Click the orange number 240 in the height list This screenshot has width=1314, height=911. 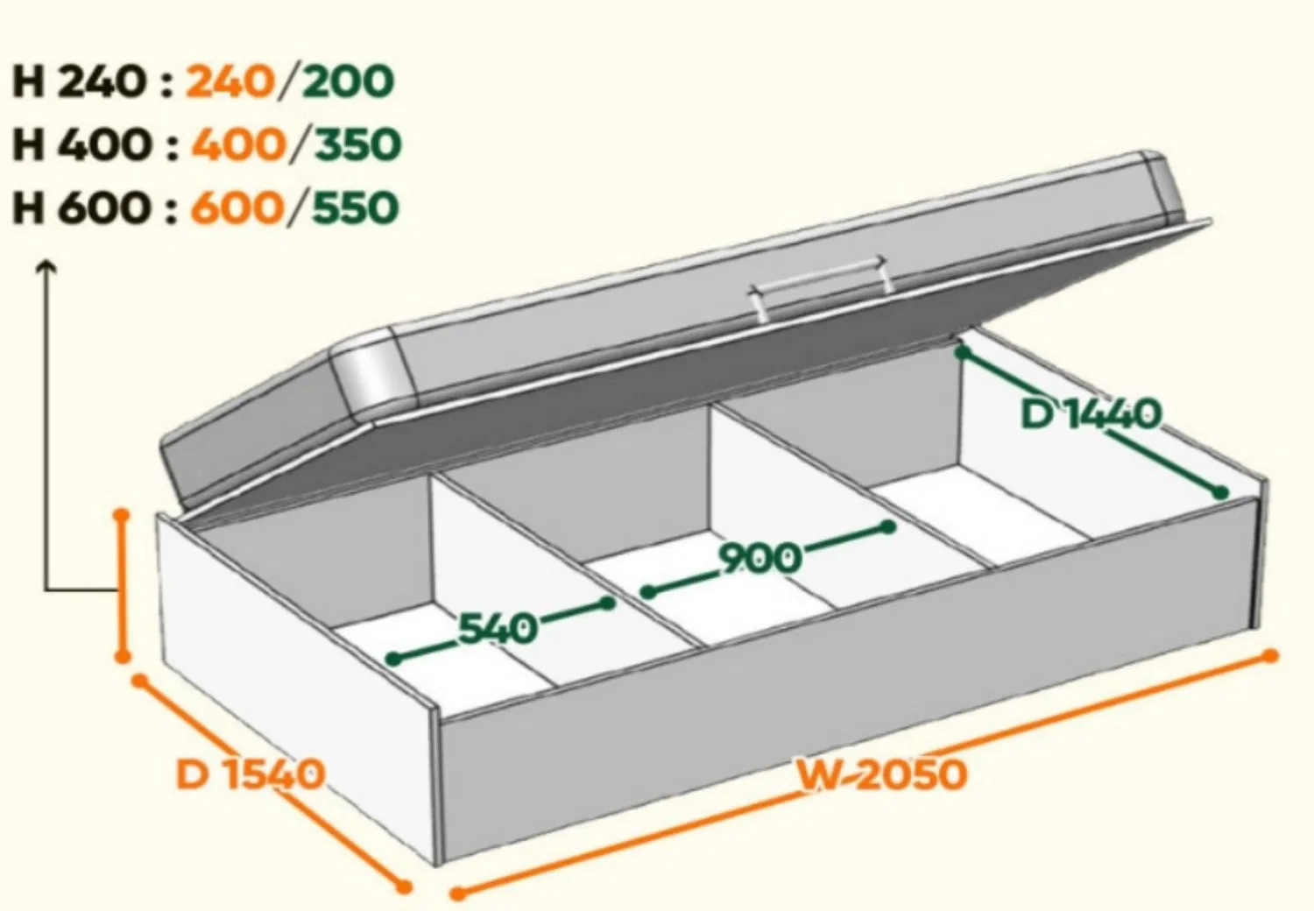point(230,81)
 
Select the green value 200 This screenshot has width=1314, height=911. point(348,81)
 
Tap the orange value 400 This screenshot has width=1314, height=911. point(238,145)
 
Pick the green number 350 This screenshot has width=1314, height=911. point(357,145)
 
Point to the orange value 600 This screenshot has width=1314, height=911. point(237,208)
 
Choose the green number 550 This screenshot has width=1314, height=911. point(356,208)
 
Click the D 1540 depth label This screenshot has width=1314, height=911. point(250,773)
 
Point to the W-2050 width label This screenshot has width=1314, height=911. point(881,774)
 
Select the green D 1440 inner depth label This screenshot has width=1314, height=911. point(1091,413)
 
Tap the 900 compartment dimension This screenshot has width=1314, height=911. point(759,557)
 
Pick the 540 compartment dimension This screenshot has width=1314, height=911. point(498,628)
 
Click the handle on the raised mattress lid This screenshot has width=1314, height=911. point(818,287)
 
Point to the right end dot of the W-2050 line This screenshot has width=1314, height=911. point(1269,656)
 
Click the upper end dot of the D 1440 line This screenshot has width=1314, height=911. point(962,352)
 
